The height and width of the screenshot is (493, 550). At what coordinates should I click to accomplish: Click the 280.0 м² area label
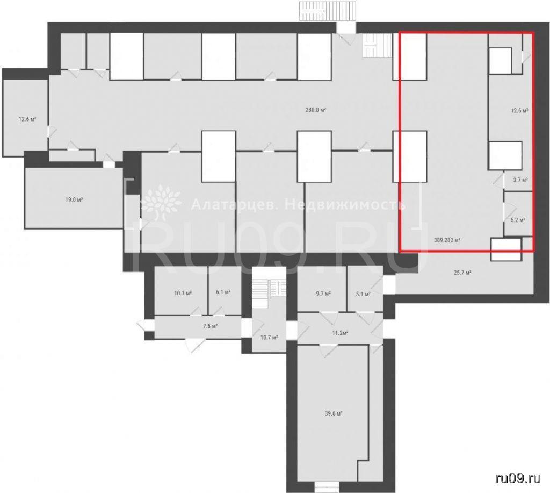pyautogui.click(x=316, y=110)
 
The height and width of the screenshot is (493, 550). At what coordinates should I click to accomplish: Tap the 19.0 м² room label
pyautogui.click(x=74, y=200)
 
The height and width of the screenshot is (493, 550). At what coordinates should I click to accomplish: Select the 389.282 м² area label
pyautogui.click(x=447, y=240)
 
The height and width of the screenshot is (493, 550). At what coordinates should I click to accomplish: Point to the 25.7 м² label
pyautogui.click(x=462, y=272)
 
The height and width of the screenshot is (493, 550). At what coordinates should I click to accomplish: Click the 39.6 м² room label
pyautogui.click(x=334, y=413)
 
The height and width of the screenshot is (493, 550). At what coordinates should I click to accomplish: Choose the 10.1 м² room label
pyautogui.click(x=183, y=292)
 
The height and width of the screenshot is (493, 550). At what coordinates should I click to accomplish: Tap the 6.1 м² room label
pyautogui.click(x=223, y=292)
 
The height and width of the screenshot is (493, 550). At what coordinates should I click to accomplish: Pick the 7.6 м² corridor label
pyautogui.click(x=211, y=326)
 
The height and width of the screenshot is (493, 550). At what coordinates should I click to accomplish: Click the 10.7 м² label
pyautogui.click(x=270, y=338)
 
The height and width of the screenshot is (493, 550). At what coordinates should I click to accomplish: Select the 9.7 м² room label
pyautogui.click(x=323, y=293)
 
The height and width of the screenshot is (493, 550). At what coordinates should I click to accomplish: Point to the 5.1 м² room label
pyautogui.click(x=364, y=294)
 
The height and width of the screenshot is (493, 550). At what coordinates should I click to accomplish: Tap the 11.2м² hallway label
pyautogui.click(x=339, y=333)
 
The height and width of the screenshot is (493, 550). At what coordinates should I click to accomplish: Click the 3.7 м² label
pyautogui.click(x=520, y=180)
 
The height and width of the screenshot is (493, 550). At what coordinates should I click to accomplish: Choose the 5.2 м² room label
pyautogui.click(x=518, y=220)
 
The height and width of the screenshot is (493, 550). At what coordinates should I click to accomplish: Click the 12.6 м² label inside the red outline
pyautogui.click(x=519, y=111)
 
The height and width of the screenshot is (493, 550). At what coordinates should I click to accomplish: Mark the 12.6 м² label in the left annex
pyautogui.click(x=28, y=119)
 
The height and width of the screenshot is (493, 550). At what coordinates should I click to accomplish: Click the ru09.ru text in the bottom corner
pyautogui.click(x=518, y=478)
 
